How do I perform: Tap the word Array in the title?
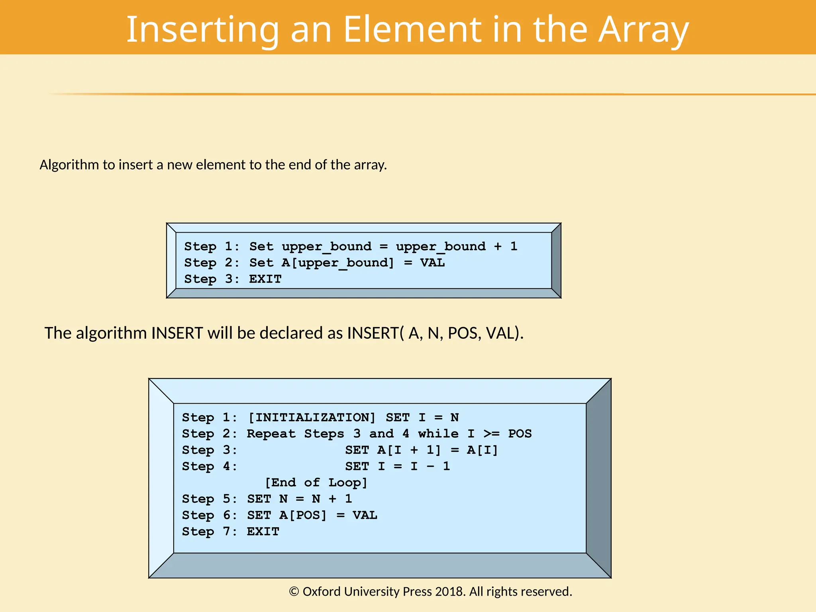pyautogui.click(x=643, y=30)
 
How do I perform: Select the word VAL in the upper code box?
pyautogui.click(x=432, y=263)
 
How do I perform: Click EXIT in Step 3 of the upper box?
pyautogui.click(x=265, y=279)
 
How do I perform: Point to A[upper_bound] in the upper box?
pyautogui.click(x=337, y=263)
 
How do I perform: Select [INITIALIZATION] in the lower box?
pyautogui.click(x=312, y=418)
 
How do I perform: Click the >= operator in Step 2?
pyautogui.click(x=491, y=433)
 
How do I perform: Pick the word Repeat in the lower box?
pyautogui.click(x=271, y=433)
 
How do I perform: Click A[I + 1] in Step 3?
pyautogui.click(x=409, y=450)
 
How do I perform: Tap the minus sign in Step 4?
pyautogui.click(x=430, y=466)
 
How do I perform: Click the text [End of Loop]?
pyautogui.click(x=316, y=483)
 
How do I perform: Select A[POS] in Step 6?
pyautogui.click(x=303, y=515)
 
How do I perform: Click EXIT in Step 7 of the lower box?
pyautogui.click(x=263, y=532)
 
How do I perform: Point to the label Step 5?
pyautogui.click(x=209, y=499)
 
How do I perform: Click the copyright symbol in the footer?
pyautogui.click(x=294, y=592)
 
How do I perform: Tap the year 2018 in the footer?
pyautogui.click(x=450, y=592)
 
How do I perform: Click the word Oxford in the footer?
pyautogui.click(x=321, y=592)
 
